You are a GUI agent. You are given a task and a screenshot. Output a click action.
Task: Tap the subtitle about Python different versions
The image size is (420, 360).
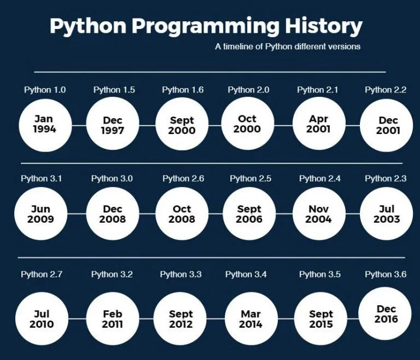click(288, 47)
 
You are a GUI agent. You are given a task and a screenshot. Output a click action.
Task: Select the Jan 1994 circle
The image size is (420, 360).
click(44, 124)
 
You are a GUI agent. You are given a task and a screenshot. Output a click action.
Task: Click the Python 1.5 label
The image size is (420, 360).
click(114, 90)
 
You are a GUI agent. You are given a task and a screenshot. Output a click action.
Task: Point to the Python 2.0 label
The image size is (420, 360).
click(249, 90)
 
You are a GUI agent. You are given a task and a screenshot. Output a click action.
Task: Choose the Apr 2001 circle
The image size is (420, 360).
click(318, 124)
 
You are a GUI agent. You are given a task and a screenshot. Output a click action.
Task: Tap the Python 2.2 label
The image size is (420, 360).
click(386, 90)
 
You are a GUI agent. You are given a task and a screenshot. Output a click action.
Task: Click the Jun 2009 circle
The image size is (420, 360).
click(40, 214)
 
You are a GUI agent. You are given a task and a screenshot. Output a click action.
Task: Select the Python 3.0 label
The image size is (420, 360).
click(112, 178)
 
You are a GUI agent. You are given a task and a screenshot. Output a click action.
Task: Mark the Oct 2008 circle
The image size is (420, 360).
click(182, 214)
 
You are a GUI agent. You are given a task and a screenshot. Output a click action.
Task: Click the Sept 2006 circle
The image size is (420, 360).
click(249, 214)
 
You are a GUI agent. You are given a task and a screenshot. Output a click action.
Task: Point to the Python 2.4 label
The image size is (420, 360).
click(320, 178)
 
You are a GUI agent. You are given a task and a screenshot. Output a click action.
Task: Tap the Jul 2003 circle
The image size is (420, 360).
click(387, 214)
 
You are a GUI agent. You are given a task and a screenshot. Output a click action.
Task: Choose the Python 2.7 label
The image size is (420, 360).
click(42, 274)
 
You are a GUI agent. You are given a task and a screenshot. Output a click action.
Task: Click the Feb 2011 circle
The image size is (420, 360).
click(113, 319)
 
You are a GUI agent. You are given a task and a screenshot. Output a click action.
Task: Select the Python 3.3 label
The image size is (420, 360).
click(180, 274)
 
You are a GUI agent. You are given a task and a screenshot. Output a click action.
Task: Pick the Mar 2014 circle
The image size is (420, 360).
click(250, 319)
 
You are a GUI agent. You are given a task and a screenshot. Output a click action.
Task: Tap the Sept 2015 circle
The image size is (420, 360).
click(321, 319)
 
